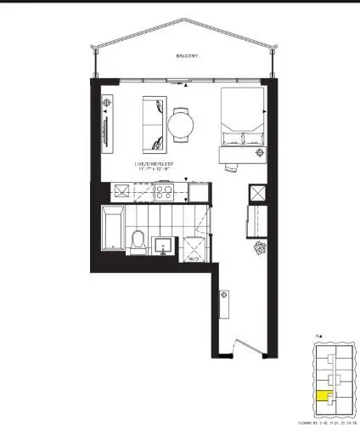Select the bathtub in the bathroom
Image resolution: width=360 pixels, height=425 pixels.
point(113,228)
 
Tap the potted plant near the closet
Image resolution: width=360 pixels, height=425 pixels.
point(258,248)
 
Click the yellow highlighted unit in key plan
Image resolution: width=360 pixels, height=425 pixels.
point(322,394)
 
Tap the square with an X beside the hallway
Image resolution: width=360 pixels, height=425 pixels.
point(256,195)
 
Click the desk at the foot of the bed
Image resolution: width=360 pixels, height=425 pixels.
point(233,154)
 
